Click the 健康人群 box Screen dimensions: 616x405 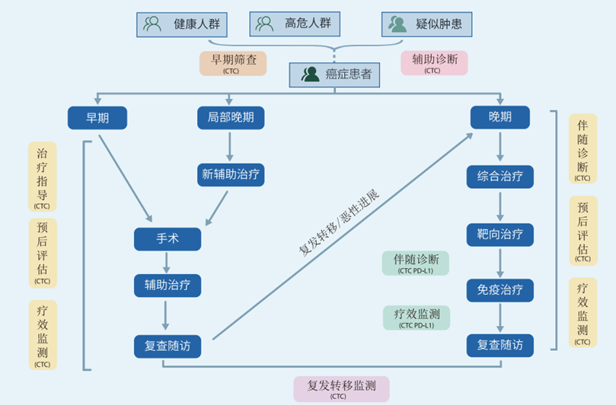tap(182, 24)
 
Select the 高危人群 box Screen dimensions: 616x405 tap(295, 24)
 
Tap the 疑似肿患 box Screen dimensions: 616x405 tap(426, 24)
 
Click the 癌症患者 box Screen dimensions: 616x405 tap(335, 75)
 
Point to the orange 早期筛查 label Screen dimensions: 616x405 tap(233, 63)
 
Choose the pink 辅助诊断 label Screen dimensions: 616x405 tap(434, 63)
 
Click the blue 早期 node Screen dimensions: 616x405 tap(97, 118)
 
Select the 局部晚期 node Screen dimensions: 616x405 tap(231, 117)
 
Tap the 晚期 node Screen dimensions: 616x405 tap(500, 117)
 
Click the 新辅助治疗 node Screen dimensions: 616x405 tap(231, 174)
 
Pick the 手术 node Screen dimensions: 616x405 tap(168, 239)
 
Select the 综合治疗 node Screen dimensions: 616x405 tap(500, 177)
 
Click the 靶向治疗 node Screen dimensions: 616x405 tap(500, 235)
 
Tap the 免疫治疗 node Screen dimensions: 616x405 tap(500, 290)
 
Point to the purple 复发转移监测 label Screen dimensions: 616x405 tap(341, 389)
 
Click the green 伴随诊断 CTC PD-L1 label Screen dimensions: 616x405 tap(415, 263)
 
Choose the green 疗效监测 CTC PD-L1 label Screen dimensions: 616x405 tap(417, 317)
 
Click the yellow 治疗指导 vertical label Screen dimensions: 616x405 tap(43, 177)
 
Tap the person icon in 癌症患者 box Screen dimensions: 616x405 tap(310, 75)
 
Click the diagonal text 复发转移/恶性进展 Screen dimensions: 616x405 tap(339, 223)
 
